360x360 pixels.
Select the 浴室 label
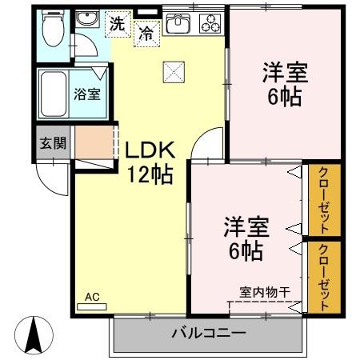coord(87,94)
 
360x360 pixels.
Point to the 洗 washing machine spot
coord(118,24)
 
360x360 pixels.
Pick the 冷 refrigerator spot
coord(146,34)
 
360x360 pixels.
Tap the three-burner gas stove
coord(211,23)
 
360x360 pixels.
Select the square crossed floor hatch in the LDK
coord(173,72)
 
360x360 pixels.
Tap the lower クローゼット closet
coord(325,275)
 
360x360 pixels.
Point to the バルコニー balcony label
coord(207,333)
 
